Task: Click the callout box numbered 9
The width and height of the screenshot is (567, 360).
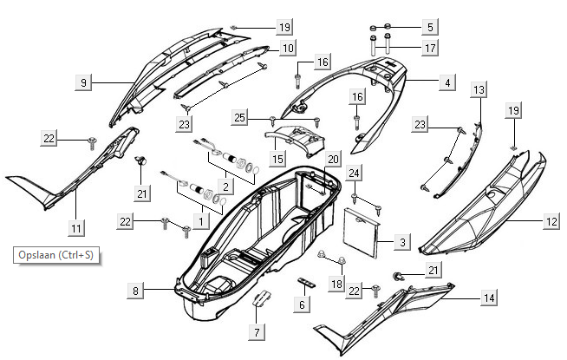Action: coord(83,82)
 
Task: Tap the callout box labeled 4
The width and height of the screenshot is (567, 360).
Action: coord(446,82)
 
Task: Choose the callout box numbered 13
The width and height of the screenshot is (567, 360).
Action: coord(479,89)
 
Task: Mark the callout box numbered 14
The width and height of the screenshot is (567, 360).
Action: coord(489,298)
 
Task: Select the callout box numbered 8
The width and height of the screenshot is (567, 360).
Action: coord(136,291)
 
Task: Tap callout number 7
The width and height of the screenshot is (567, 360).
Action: coord(256,331)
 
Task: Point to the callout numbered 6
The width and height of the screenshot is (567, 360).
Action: coord(302,304)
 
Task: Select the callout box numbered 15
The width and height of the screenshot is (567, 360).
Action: coord(277,160)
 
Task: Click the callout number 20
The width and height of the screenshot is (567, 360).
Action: coord(333,159)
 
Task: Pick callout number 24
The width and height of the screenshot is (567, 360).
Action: coord(354,173)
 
